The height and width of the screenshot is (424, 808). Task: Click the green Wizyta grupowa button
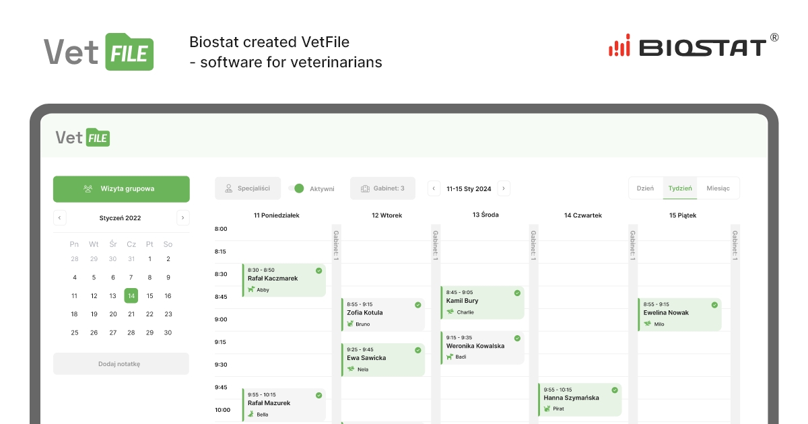(x=121, y=189)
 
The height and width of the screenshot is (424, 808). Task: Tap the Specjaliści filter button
(x=248, y=188)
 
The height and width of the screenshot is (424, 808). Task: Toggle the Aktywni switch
(x=296, y=188)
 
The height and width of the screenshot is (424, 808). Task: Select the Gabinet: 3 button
(x=382, y=188)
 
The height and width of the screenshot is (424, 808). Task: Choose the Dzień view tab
(x=645, y=188)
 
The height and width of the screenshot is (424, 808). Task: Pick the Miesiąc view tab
(x=718, y=188)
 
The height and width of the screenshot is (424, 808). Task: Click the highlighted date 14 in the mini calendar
(x=131, y=295)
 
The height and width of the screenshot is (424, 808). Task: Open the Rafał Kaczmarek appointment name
(x=273, y=279)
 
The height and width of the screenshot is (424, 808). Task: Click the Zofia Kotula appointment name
(x=365, y=313)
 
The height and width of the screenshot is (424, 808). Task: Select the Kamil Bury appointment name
(x=463, y=301)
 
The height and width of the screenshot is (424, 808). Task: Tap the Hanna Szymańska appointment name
(x=571, y=398)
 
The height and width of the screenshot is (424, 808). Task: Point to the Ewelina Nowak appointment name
(x=666, y=313)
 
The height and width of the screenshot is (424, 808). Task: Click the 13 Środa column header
(x=485, y=215)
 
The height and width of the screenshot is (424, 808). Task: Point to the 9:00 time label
(x=221, y=319)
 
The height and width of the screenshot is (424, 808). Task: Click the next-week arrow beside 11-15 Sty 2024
(x=504, y=188)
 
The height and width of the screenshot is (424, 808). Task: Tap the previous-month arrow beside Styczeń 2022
(x=60, y=218)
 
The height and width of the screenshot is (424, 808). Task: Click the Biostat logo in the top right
(x=693, y=46)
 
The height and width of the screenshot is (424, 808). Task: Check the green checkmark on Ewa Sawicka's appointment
(x=418, y=350)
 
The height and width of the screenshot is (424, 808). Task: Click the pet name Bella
(x=263, y=415)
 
